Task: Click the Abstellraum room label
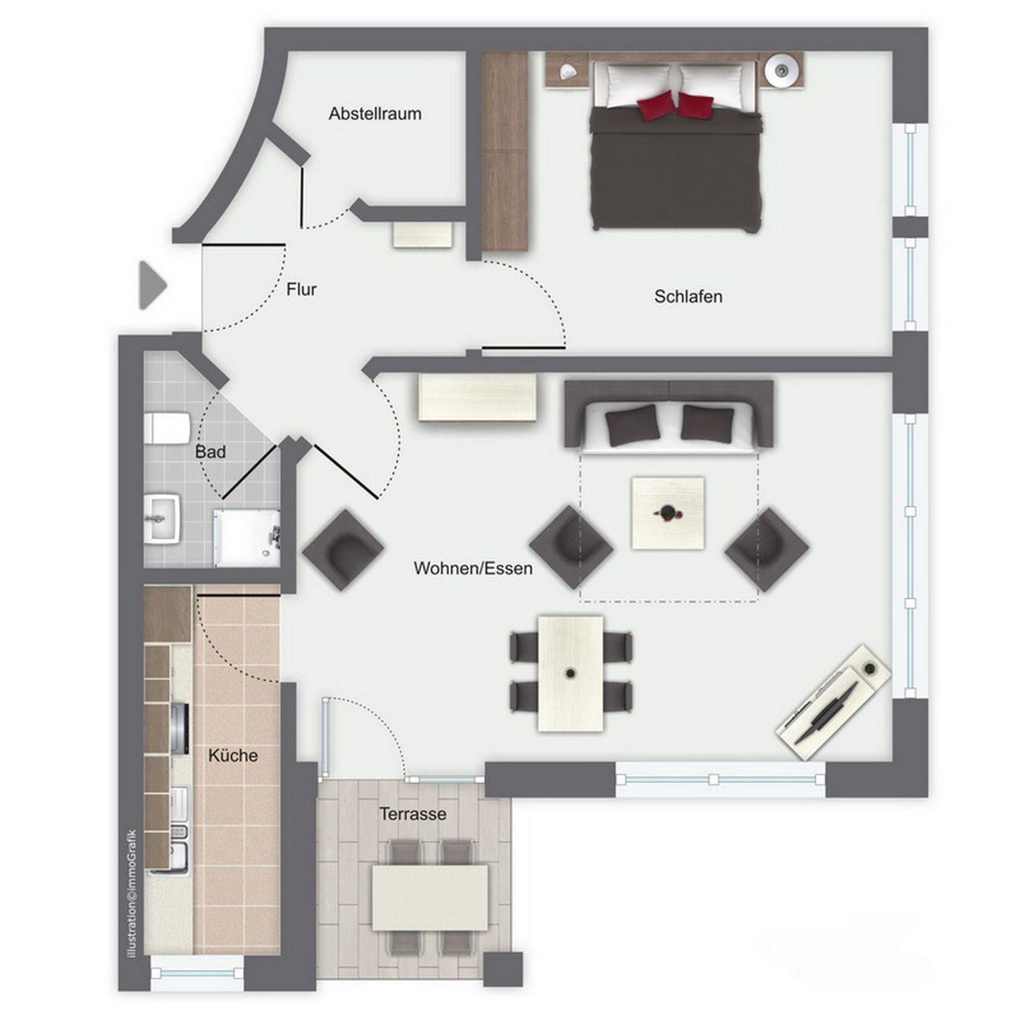pos(375,114)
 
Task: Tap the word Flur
pos(301,290)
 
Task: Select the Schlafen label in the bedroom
pos(688,296)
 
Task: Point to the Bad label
pos(210,452)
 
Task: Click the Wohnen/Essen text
pos(472,569)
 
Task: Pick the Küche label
pos(233,755)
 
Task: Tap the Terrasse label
pos(412,814)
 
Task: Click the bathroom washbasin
pos(162,518)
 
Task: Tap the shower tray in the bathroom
pos(246,537)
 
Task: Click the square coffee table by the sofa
pos(669,513)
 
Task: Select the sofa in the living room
pos(669,416)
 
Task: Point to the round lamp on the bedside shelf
pos(781,69)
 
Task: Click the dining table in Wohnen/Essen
pos(571,674)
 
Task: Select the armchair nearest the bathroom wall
pos(343,550)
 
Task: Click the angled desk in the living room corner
pos(833,703)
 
